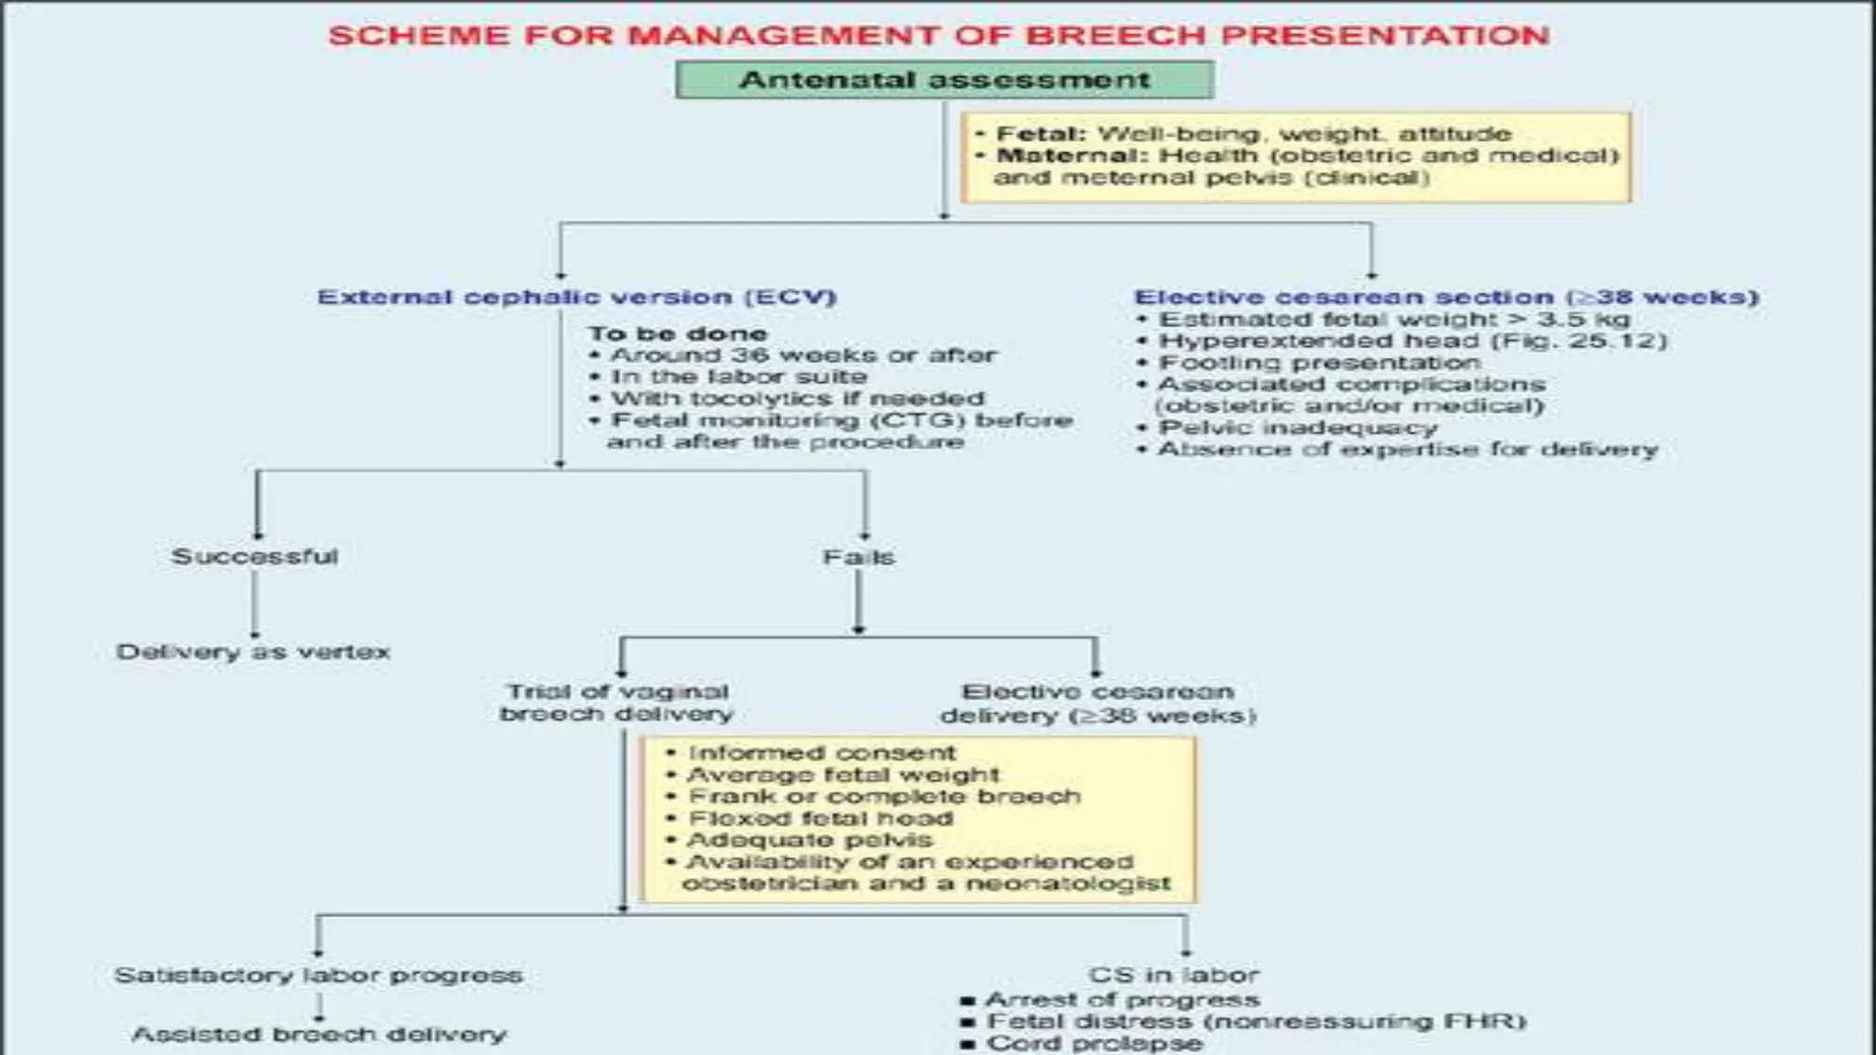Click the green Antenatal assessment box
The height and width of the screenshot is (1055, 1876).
pos(944,80)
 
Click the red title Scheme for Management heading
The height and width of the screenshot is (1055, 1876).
pos(938,36)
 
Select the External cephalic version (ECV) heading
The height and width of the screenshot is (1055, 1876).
pos(576,298)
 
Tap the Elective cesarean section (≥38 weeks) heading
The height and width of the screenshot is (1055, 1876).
pos(1445,298)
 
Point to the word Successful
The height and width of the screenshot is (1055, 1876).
pos(255,557)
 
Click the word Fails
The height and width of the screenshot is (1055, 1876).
pos(858,557)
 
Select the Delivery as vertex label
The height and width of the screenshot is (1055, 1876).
pos(253,652)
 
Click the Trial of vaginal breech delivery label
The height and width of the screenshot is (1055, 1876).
pos(617,702)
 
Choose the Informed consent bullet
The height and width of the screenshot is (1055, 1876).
pos(822,753)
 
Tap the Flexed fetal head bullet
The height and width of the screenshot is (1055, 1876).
pos(820,818)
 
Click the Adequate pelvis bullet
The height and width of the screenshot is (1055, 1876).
pos(810,840)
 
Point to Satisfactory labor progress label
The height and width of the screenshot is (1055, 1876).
pos(318,975)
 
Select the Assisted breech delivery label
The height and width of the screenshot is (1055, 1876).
pos(319,1035)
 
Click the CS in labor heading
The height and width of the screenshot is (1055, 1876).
pos(1173,975)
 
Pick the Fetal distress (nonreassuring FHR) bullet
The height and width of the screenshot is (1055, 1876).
pos(1255,1021)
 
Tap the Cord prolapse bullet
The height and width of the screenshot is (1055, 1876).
pos(1094,1043)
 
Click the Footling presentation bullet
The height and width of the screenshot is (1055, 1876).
pos(1319,363)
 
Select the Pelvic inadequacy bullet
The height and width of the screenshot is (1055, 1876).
pos(1298,428)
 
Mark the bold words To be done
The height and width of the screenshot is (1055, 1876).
pos(678,333)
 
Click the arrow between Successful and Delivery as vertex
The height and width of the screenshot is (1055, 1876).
pos(255,604)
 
